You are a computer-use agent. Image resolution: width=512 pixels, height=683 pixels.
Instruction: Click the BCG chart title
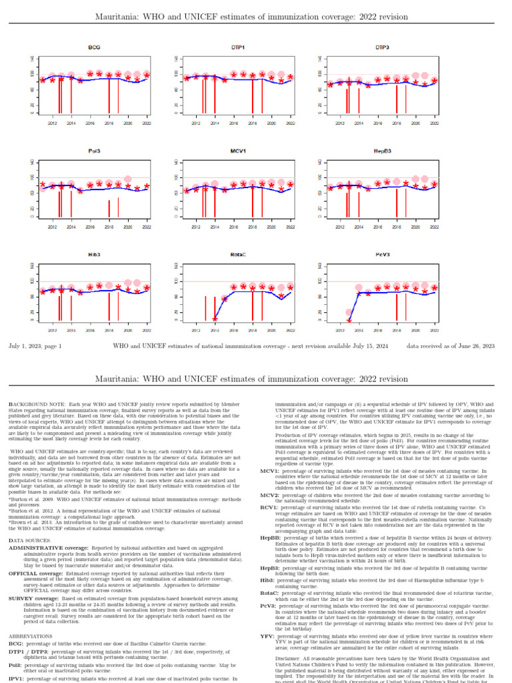(94, 48)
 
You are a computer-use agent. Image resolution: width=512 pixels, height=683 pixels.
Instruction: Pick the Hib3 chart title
(94, 255)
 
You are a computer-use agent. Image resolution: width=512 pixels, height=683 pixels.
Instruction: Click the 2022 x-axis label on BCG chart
(146, 123)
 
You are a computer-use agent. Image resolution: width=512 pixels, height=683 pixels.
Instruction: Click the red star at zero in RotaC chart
(215, 319)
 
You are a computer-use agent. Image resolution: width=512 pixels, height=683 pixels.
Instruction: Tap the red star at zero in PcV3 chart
(349, 321)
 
